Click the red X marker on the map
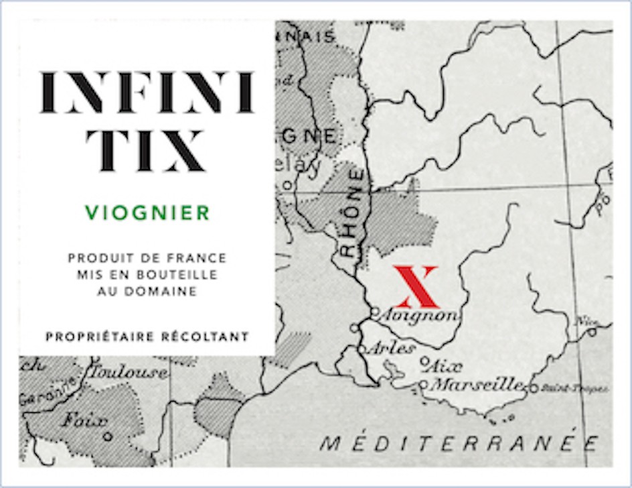[x=415, y=286]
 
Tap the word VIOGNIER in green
[x=148, y=213]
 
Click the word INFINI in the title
[x=147, y=93]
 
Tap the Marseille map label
[x=477, y=385]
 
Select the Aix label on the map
[x=445, y=367]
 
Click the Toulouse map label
[x=129, y=372]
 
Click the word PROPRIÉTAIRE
[x=100, y=336]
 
